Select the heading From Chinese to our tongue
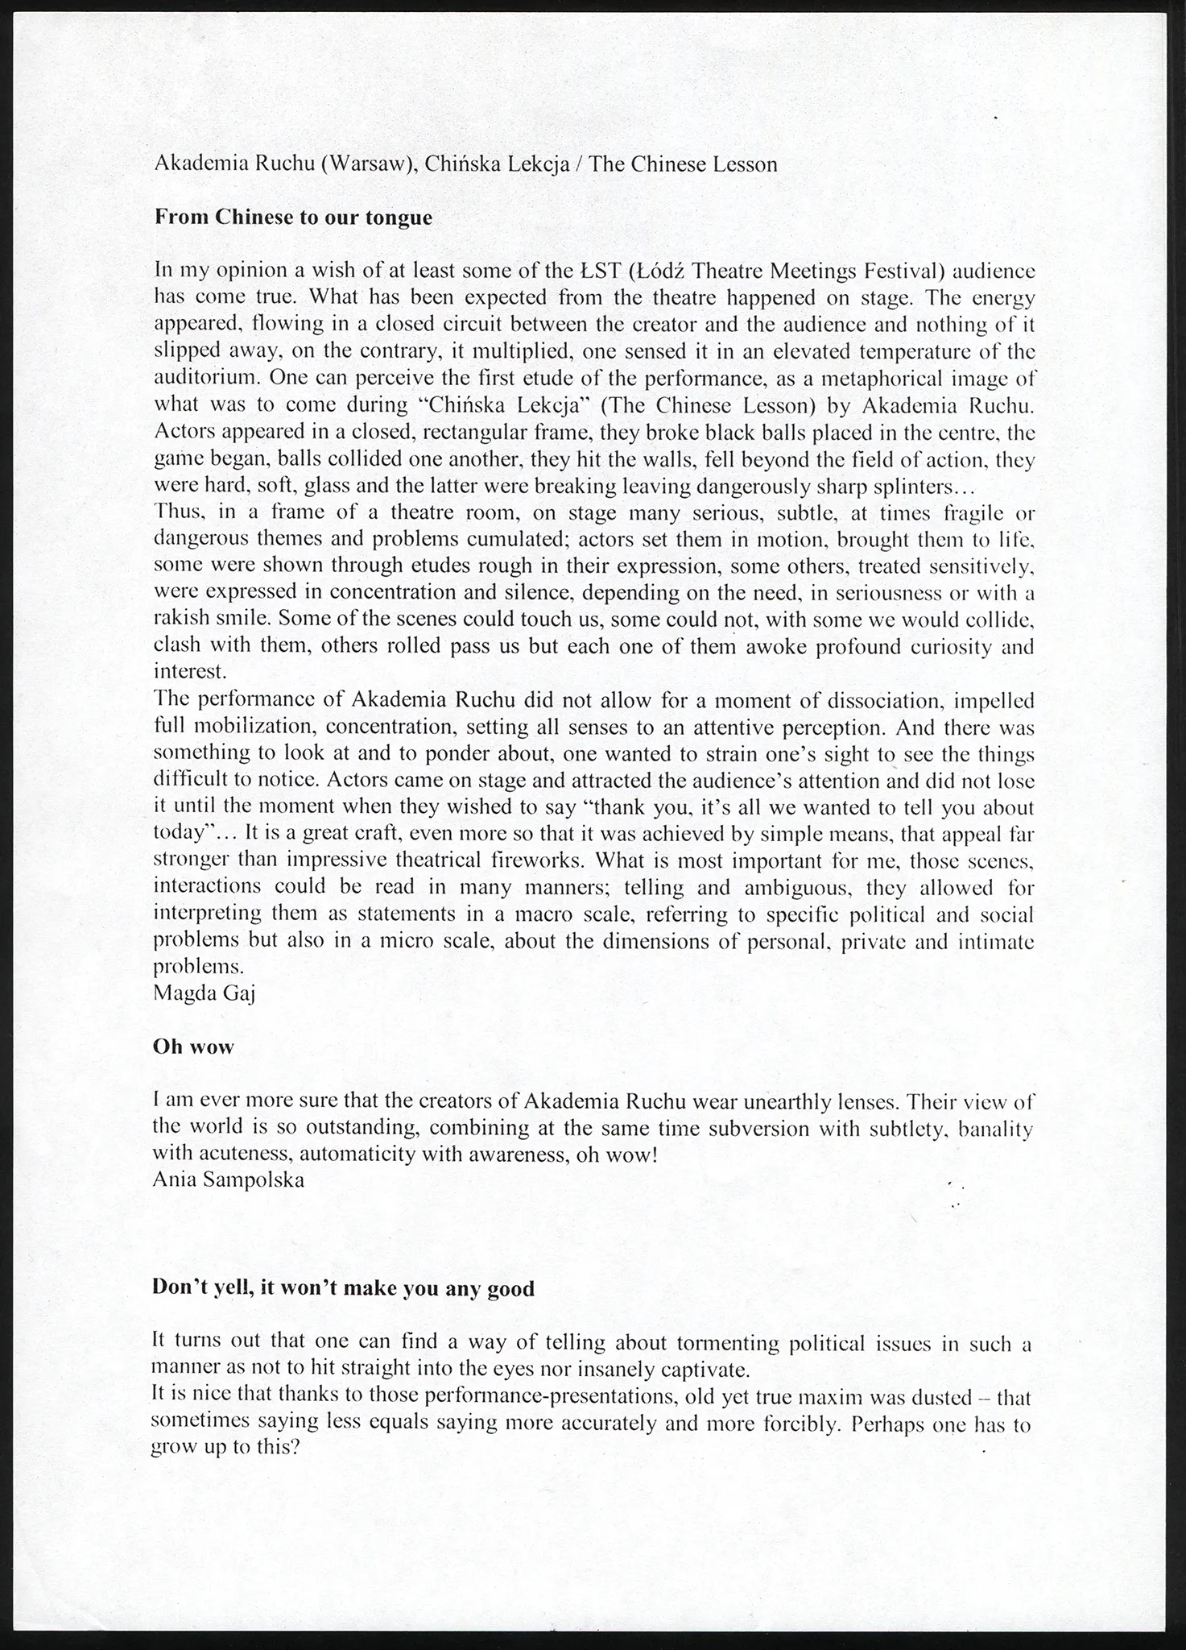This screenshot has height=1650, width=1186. click(x=293, y=218)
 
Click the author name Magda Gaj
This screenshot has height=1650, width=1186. click(x=204, y=993)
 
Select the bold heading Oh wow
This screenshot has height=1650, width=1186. click(x=193, y=1047)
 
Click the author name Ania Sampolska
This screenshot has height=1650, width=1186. click(x=229, y=1180)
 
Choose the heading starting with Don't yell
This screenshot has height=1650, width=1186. click(x=343, y=1288)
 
